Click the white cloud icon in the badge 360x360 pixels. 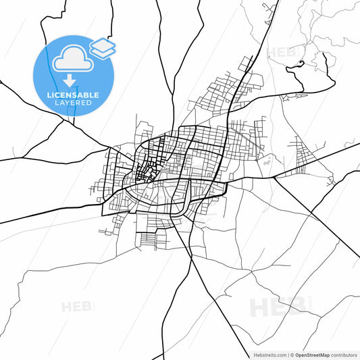72,60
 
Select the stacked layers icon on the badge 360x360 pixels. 103,47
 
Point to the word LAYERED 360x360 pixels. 74,103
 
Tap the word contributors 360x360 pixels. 344,354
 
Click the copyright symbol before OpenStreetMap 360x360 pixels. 292,354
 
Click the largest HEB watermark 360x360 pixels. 278,308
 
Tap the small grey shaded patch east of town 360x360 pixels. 267,161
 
